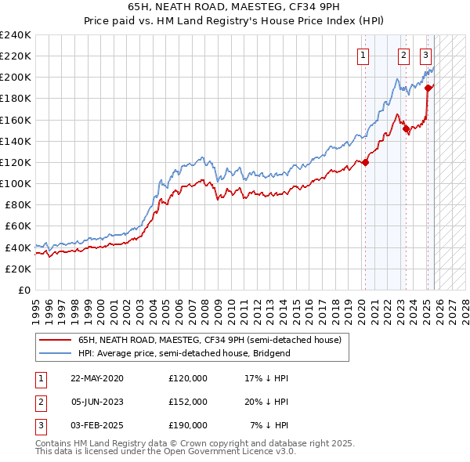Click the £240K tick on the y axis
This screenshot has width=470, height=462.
15,35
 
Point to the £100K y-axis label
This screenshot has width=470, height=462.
15,183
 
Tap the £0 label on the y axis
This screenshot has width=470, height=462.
23,290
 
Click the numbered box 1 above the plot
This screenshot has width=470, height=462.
364,55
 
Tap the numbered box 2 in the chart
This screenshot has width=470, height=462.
403,55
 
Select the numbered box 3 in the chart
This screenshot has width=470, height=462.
425,55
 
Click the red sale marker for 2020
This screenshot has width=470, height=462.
366,163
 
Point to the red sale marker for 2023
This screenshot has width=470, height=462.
406,129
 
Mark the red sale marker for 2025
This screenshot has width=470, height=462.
428,88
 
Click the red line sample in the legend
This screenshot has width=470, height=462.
56,341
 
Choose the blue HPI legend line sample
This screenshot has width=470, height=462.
56,354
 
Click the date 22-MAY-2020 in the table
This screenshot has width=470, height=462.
96,378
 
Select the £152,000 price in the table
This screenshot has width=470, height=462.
188,402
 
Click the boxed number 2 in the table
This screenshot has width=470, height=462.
40,402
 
